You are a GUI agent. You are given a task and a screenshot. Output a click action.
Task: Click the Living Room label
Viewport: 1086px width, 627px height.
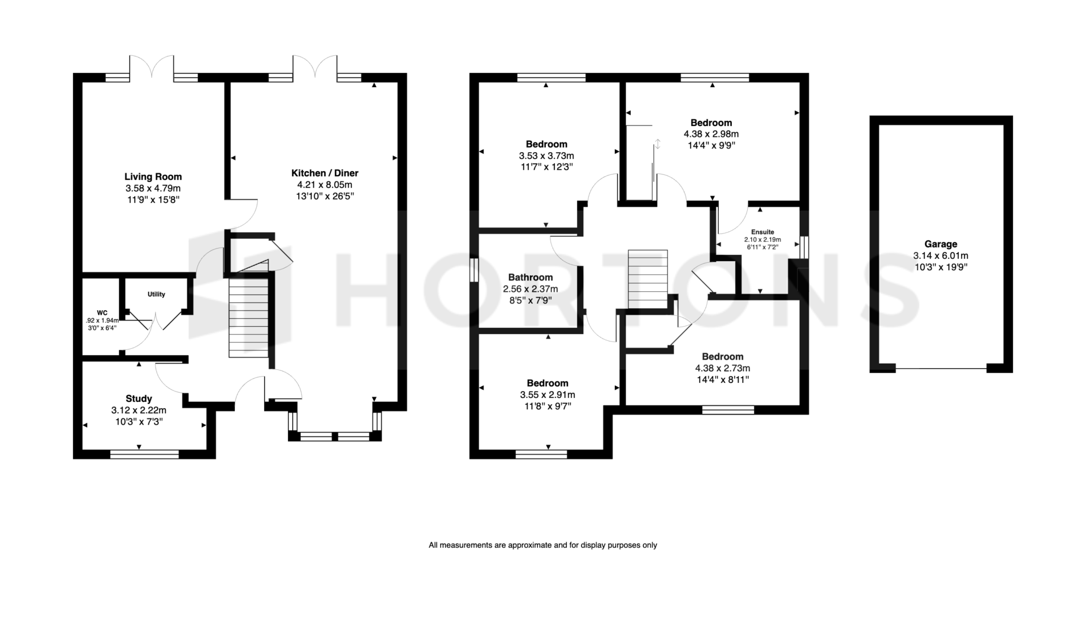point(153,176)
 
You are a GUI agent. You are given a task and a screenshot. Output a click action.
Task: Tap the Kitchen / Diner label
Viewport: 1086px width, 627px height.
point(325,173)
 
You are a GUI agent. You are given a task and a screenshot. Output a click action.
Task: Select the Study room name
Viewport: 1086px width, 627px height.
point(139,399)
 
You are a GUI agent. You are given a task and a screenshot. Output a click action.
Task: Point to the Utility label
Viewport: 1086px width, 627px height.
point(156,294)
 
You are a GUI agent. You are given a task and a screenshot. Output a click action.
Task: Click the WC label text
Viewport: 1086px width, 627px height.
point(102,313)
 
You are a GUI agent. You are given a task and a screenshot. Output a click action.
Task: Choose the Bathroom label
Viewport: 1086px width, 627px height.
point(530,277)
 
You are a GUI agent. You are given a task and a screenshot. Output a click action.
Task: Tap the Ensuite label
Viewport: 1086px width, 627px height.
point(762,232)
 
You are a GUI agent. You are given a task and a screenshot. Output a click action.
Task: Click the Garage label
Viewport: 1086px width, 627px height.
point(941,244)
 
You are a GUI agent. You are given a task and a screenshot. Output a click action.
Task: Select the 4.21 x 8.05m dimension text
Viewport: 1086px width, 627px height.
point(325,185)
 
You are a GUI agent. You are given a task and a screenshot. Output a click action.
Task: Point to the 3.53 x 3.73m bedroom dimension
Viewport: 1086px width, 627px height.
point(546,155)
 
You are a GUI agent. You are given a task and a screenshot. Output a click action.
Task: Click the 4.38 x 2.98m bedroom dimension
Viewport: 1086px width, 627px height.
point(711,134)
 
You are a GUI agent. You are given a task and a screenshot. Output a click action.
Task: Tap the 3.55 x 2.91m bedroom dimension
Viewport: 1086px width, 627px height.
point(547,395)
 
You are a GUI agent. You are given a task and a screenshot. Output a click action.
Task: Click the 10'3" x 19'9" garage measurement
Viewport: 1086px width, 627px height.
point(941,267)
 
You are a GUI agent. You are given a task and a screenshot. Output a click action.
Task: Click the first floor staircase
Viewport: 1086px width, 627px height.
point(648,279)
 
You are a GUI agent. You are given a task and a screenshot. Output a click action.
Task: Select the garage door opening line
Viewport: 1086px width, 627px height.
point(941,369)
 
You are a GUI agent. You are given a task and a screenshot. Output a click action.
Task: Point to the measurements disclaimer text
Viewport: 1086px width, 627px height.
point(543,546)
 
